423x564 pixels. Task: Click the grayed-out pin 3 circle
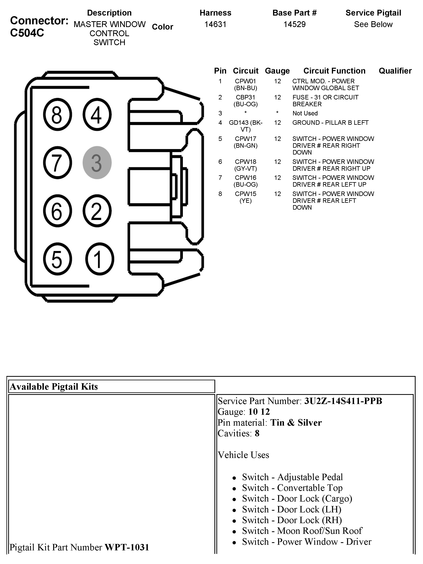tap(97, 163)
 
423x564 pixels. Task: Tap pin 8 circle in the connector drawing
tap(57, 114)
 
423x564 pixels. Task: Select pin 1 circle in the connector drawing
tap(99, 259)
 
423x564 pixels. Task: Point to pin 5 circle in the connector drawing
tap(57, 259)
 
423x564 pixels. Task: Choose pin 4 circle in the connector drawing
tap(97, 114)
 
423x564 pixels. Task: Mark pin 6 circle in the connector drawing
tap(57, 211)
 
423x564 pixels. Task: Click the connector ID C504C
tap(27, 33)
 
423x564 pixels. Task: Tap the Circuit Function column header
tap(334, 71)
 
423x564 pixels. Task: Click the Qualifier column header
tap(395, 71)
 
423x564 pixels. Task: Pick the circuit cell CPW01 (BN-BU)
tap(245, 85)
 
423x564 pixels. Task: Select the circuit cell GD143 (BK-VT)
tap(245, 126)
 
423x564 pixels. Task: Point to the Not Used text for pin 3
tap(305, 113)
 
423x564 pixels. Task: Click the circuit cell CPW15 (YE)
tap(245, 197)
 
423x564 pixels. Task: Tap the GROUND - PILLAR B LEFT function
tap(330, 123)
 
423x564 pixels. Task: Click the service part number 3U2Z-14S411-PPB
tap(343, 401)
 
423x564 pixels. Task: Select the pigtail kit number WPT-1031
tap(127, 547)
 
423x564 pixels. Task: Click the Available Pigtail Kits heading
tap(54, 387)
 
